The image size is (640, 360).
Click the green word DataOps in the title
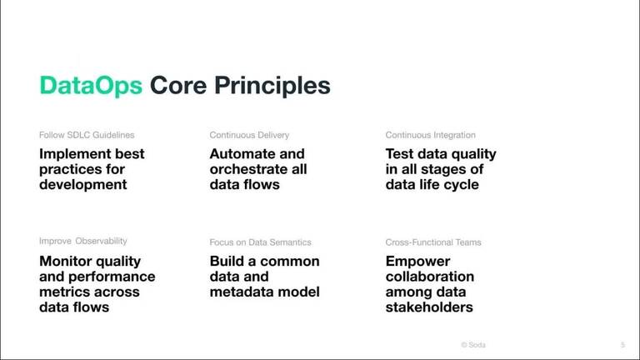click(91, 86)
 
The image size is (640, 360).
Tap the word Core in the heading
click(180, 86)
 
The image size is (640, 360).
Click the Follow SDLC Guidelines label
click(87, 135)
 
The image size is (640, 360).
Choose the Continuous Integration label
click(431, 135)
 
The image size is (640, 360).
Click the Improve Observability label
click(83, 242)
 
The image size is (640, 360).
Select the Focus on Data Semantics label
click(260, 242)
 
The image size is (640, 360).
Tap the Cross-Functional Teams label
click(433, 242)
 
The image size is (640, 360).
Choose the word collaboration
click(429, 277)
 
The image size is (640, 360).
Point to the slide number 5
click(622, 344)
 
